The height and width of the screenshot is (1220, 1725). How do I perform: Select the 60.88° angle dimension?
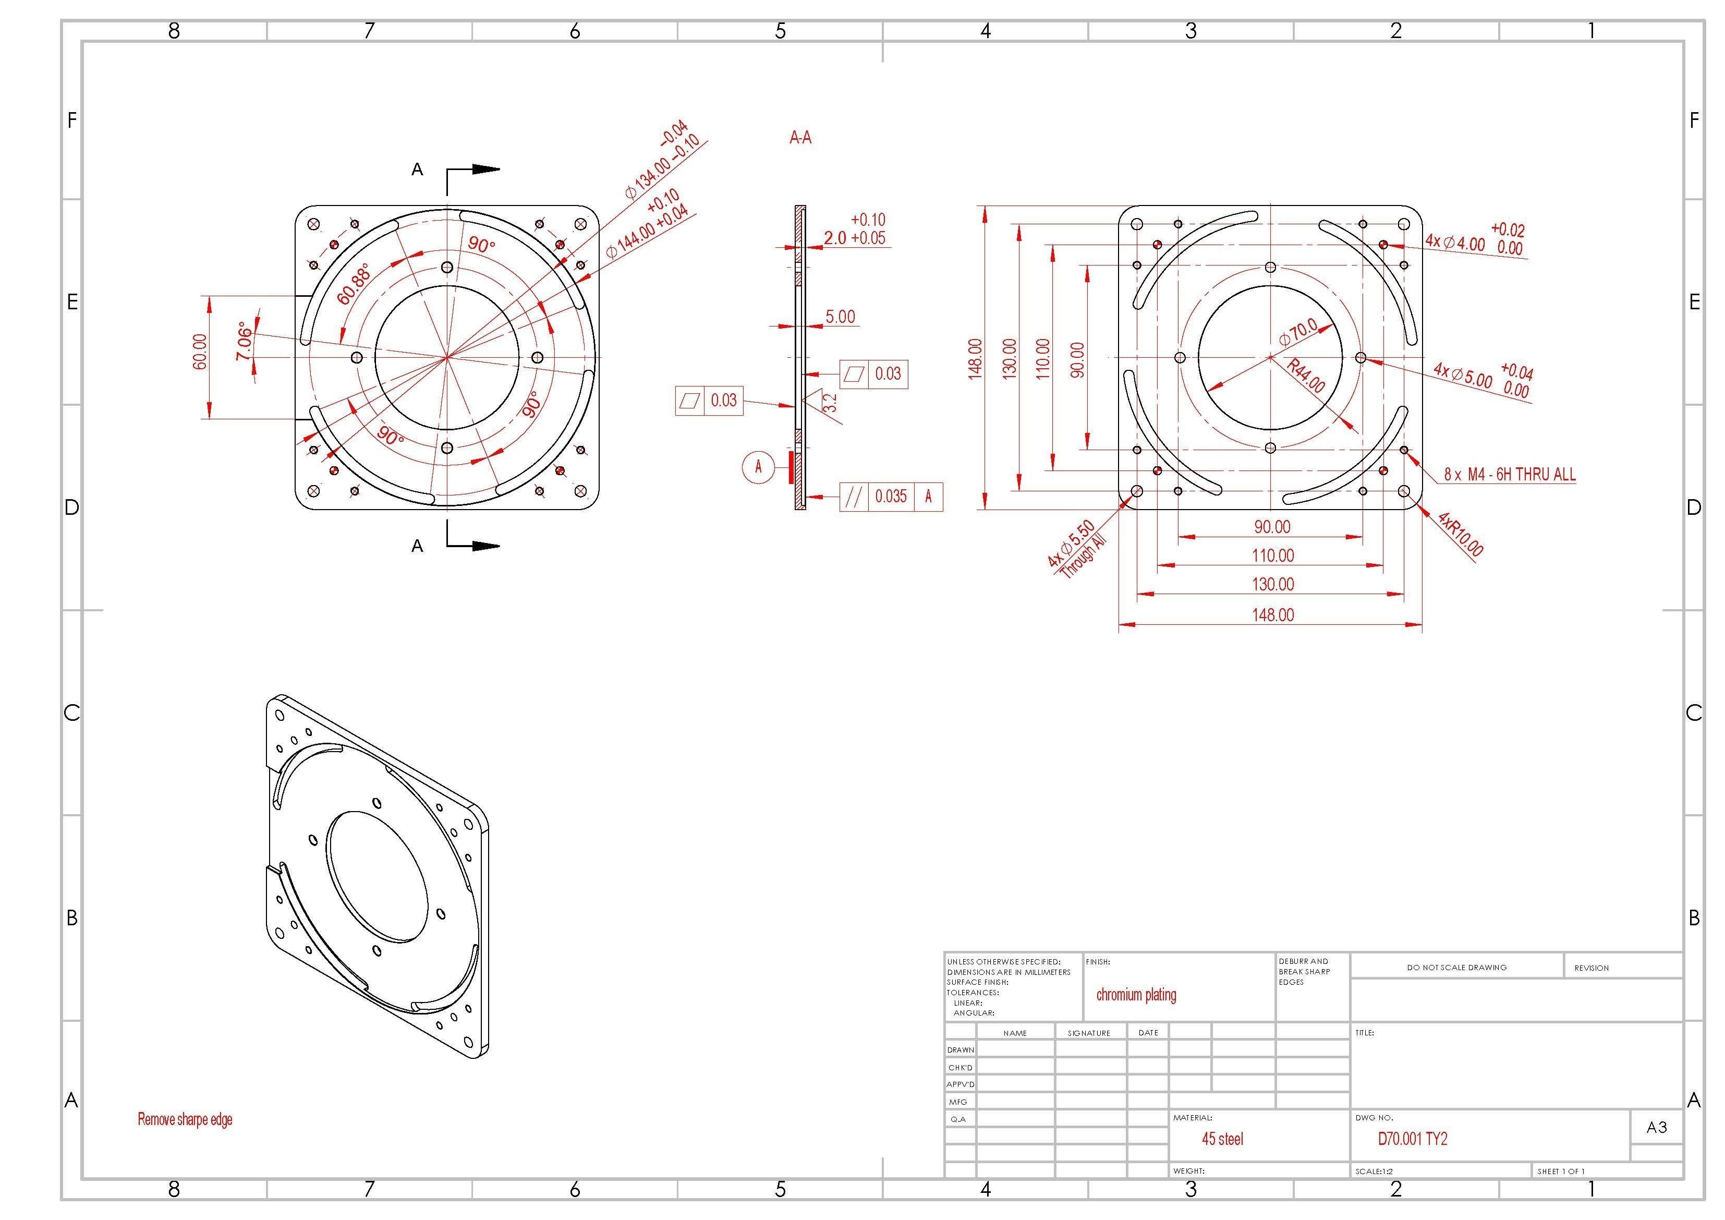(354, 284)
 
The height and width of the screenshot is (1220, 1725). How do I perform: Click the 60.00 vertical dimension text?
(200, 352)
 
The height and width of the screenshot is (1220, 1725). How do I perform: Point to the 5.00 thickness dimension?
(840, 317)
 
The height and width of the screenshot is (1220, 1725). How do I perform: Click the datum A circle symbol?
(758, 467)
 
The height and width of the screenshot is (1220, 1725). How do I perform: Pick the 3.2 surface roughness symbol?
(828, 403)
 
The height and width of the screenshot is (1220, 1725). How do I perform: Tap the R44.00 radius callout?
(1306, 376)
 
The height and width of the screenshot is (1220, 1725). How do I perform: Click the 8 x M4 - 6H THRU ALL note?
(1509, 474)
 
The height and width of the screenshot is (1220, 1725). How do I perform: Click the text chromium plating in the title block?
(1136, 995)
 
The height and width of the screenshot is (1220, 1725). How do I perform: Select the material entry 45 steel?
(1222, 1139)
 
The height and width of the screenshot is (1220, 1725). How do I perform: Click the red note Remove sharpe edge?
(185, 1119)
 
